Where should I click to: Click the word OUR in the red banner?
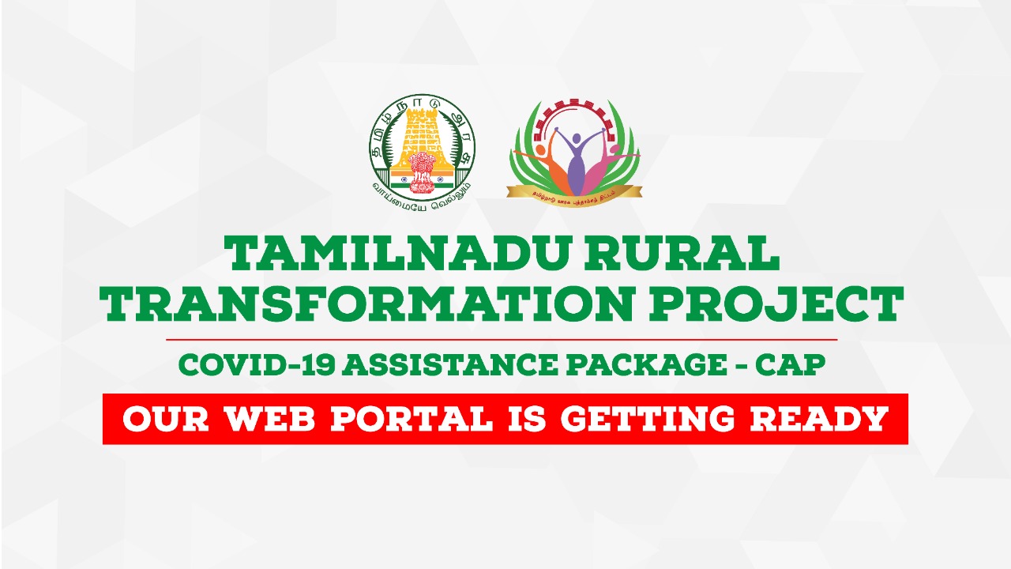165,419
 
